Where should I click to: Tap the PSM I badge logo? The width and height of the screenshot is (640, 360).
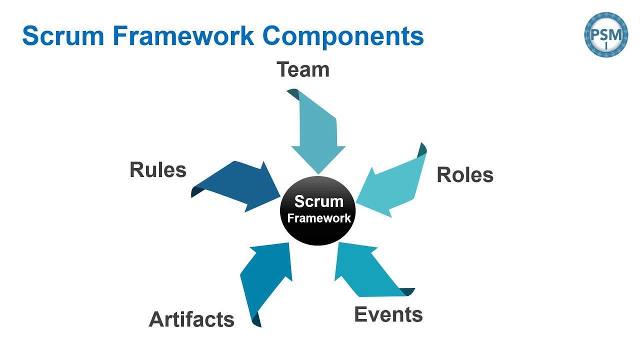click(606, 34)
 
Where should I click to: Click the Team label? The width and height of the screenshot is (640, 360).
click(303, 69)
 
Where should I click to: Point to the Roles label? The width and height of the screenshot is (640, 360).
click(465, 175)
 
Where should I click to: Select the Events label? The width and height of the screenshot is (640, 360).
click(388, 314)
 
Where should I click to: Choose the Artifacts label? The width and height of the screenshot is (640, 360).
click(191, 319)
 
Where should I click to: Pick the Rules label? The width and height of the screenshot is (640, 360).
click(158, 169)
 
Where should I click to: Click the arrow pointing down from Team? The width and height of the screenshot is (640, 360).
click(317, 135)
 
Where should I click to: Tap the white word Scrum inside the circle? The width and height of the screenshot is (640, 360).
click(318, 201)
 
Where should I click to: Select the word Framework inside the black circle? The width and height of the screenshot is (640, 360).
click(319, 218)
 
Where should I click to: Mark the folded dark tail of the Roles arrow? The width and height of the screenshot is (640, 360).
click(422, 148)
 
